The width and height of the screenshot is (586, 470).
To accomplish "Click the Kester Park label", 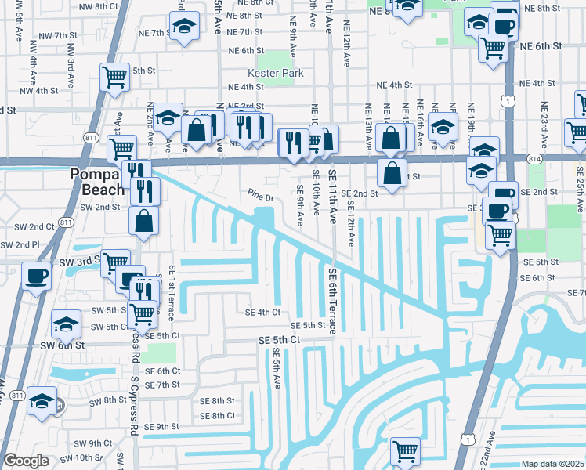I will tap(273, 74).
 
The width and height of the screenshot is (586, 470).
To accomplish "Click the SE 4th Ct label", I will tap(262, 312).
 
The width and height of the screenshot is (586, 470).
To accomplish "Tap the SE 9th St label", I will tap(157, 426).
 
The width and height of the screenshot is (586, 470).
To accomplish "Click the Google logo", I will tap(26, 461).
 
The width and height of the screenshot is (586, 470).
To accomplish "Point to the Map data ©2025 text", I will tap(552, 464).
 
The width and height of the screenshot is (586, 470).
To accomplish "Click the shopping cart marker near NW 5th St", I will tap(114, 78).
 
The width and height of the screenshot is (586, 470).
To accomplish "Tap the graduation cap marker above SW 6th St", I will tap(67, 324).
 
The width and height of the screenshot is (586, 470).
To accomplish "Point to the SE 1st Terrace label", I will tap(172, 292).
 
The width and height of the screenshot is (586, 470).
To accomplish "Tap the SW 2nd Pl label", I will tap(20, 245).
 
